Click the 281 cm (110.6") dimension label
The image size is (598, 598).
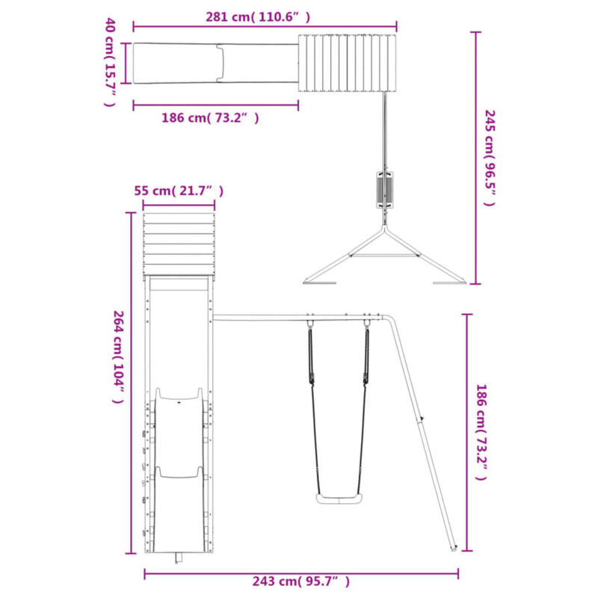(258, 17)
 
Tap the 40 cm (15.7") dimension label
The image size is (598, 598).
(110, 62)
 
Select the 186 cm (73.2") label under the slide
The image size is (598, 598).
(210, 118)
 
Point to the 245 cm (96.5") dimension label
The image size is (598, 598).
(490, 158)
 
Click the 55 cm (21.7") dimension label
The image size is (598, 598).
(179, 191)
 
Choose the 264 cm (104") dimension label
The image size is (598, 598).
(119, 357)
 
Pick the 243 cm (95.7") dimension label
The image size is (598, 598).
(301, 582)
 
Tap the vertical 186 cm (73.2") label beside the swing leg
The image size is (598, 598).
(481, 433)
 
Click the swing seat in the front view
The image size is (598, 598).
(339, 499)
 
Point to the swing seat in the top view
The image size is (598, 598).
(385, 190)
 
